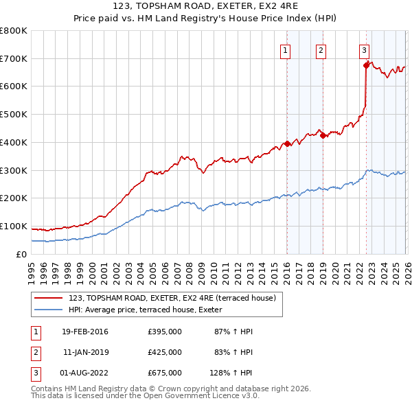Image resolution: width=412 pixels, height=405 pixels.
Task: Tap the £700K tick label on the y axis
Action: (x=14, y=58)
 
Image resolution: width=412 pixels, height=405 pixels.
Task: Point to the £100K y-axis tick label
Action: (x=14, y=226)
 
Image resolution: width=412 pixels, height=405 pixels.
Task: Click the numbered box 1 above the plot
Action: (x=285, y=49)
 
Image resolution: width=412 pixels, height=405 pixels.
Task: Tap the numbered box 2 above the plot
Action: (x=321, y=49)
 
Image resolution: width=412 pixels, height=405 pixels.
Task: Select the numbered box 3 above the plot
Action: (x=363, y=49)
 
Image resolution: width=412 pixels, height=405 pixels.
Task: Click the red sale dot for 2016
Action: (x=287, y=144)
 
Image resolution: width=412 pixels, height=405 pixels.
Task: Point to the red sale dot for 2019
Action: (x=322, y=136)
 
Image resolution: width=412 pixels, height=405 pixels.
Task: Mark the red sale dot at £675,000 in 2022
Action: (x=366, y=66)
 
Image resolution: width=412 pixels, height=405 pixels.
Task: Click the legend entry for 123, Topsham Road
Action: (x=172, y=298)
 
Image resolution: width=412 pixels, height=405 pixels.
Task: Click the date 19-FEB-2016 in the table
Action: (x=84, y=332)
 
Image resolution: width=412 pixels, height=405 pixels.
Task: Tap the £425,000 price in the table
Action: (x=165, y=352)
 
